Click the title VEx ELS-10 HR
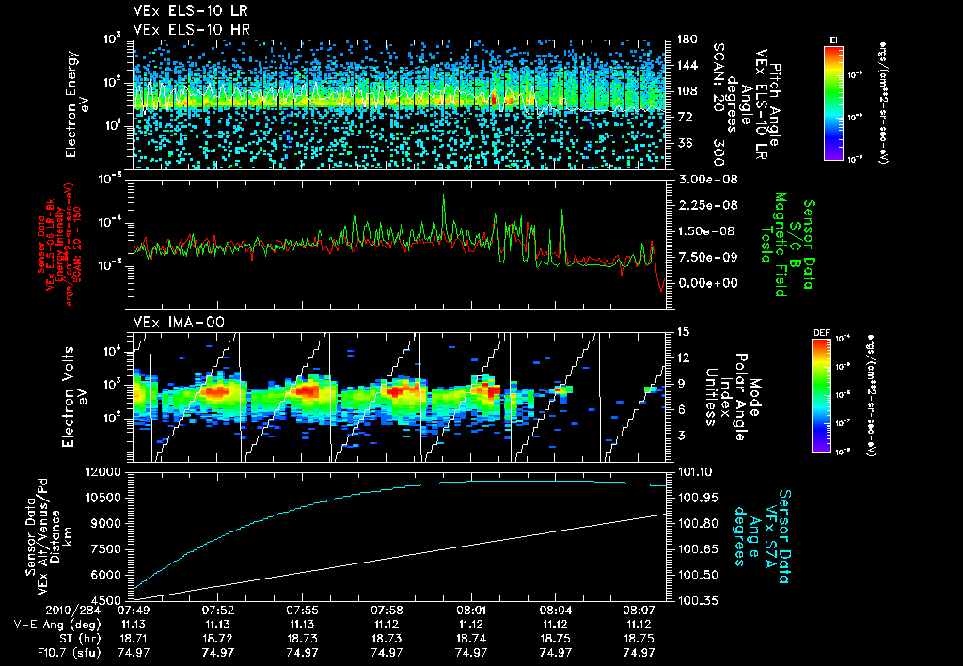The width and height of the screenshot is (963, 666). pos(184,30)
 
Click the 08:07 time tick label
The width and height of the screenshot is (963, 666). pos(639,610)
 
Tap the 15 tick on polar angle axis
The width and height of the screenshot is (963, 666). pos(682,331)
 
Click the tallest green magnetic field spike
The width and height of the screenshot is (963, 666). pos(442,196)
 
